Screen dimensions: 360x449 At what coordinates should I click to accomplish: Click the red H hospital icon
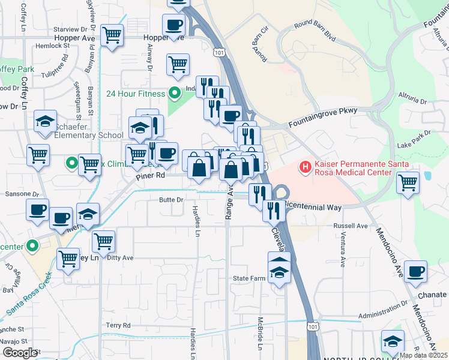[x=306, y=166]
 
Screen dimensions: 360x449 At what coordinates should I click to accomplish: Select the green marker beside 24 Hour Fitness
[x=174, y=94]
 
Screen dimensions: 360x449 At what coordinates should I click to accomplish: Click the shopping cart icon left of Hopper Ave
[x=112, y=35]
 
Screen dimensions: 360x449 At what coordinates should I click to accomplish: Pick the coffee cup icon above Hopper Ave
[x=174, y=25]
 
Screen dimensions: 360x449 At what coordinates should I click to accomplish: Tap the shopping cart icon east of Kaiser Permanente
[x=408, y=181]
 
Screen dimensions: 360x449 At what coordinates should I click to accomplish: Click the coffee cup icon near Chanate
[x=416, y=271]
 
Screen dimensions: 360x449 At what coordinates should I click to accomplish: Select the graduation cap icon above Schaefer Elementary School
[x=46, y=121]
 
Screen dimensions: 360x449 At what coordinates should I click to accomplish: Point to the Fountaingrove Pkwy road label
[x=322, y=117]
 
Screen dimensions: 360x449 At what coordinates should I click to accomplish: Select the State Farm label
[x=249, y=278]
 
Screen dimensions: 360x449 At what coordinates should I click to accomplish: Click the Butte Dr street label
[x=171, y=200]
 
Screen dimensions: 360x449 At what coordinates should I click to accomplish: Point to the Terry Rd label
[x=118, y=325]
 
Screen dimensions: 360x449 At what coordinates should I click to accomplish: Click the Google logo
[x=20, y=352]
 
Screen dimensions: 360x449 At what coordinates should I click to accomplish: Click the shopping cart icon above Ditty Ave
[x=104, y=241]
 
